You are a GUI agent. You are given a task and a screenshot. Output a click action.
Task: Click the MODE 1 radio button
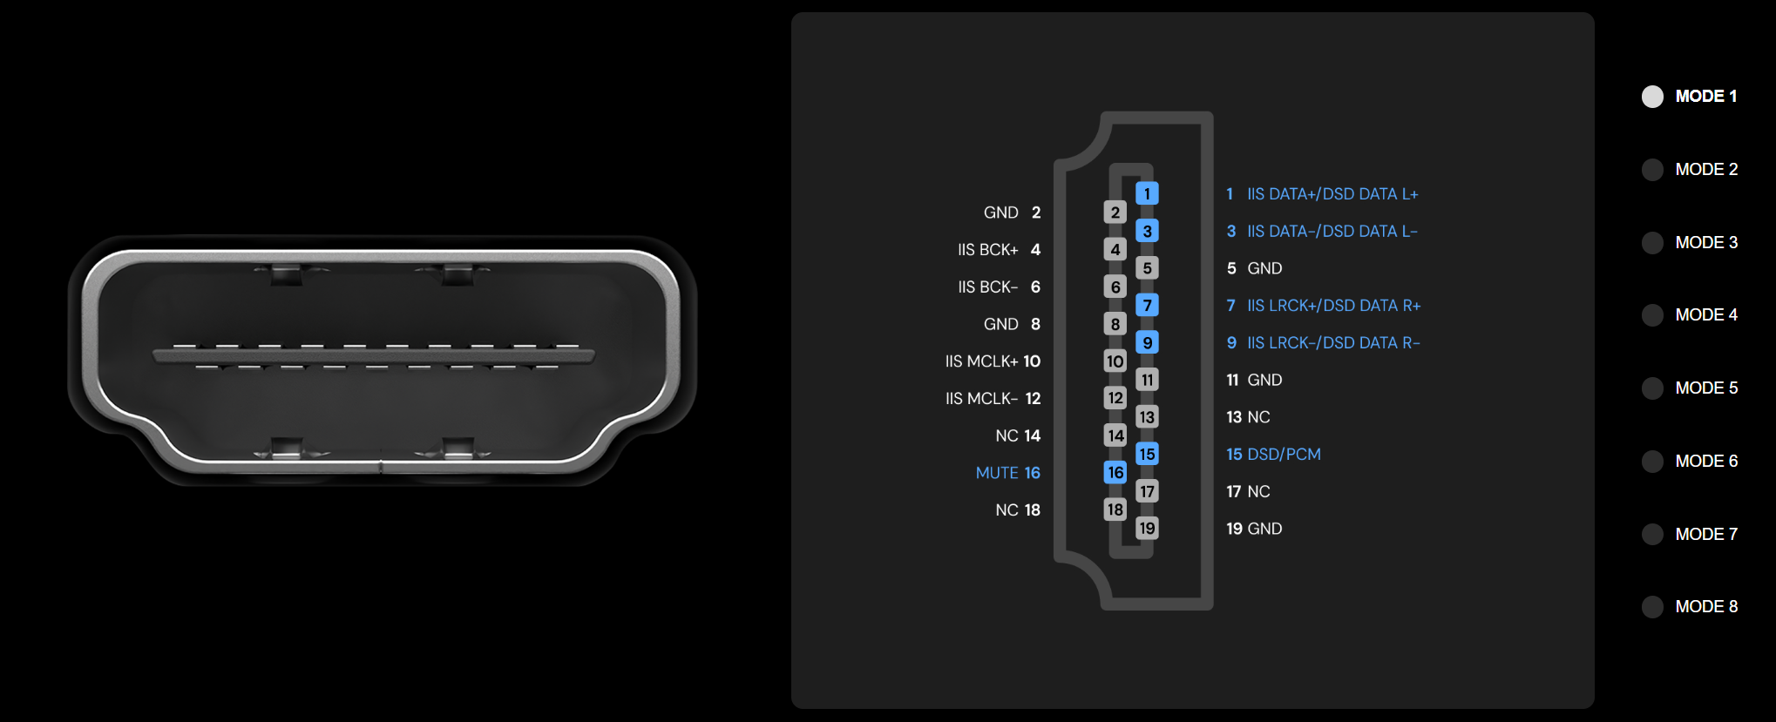[x=1652, y=97]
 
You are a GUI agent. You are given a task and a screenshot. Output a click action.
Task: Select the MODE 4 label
[x=1706, y=315]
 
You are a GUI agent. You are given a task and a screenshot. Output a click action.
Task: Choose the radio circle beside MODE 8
[x=1652, y=607]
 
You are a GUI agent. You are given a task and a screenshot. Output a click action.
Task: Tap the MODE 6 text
[x=1706, y=462]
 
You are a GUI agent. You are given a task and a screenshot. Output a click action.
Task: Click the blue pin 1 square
[x=1147, y=193]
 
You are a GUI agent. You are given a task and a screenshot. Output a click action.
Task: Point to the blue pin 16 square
[x=1115, y=472]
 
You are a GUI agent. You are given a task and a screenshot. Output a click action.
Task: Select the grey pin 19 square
[x=1147, y=528]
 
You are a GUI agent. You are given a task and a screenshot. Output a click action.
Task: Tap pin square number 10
[x=1115, y=361]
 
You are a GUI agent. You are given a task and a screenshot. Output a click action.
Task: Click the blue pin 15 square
[x=1147, y=454]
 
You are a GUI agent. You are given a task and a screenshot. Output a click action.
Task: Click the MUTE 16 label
[x=1008, y=473]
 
